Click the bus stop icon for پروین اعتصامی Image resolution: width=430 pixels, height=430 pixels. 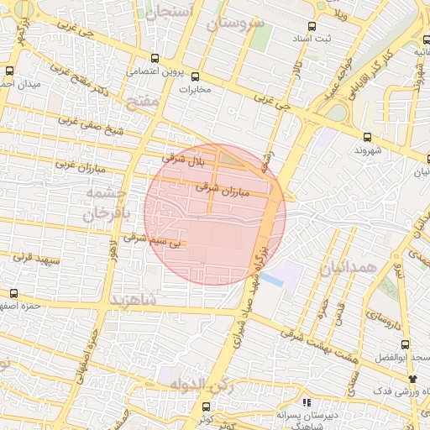point(155,58)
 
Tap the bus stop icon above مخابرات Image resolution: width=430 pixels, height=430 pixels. point(196,76)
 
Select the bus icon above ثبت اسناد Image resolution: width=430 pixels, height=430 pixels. point(313,26)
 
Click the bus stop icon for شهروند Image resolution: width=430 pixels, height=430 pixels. point(367,137)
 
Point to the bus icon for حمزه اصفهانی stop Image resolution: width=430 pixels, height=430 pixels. point(13,293)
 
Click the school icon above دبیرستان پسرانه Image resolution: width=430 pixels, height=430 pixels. point(307,402)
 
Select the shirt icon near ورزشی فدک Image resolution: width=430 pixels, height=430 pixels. point(412,380)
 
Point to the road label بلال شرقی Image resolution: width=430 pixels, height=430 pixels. point(184,157)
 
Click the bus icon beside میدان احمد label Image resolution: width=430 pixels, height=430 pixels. point(11,71)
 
